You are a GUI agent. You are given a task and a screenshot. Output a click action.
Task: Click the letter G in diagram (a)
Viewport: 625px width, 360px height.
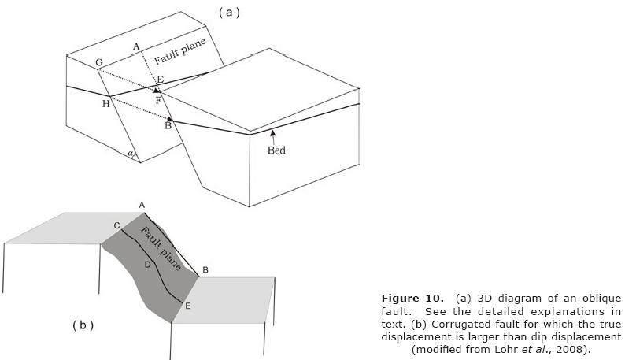99,62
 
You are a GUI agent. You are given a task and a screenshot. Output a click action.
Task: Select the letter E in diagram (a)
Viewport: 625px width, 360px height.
160,80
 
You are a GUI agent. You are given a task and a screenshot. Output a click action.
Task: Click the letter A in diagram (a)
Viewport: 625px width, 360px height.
136,46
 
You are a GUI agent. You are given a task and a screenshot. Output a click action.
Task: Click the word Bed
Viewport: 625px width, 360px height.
276,150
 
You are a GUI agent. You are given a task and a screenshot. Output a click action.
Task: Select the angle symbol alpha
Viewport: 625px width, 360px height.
131,154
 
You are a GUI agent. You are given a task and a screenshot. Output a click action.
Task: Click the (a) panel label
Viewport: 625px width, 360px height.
228,12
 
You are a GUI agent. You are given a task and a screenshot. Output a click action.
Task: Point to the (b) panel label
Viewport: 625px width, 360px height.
83,325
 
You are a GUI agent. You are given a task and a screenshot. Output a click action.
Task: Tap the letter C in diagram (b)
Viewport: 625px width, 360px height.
116,226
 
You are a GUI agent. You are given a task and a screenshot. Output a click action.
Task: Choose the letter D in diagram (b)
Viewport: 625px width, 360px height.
147,265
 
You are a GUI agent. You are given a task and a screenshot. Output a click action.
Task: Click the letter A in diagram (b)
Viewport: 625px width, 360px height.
142,205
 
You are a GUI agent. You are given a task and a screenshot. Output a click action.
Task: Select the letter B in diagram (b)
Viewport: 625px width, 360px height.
205,270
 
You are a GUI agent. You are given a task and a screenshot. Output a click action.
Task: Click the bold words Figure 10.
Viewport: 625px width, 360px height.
409,298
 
